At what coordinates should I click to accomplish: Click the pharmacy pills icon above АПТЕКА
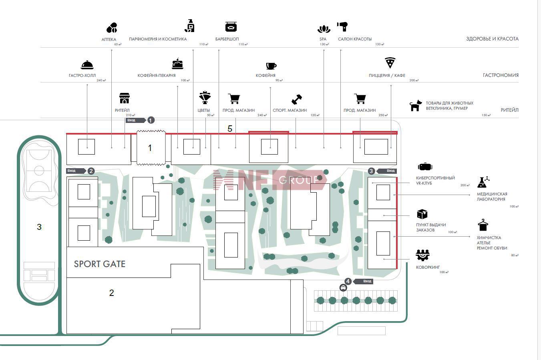[112, 28]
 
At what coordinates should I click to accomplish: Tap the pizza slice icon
[390, 63]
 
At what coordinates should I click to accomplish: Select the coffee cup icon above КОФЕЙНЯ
[271, 66]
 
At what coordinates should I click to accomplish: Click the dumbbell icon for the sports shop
[297, 99]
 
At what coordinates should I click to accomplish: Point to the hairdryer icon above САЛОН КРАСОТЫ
[342, 27]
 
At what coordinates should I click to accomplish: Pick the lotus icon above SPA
[323, 29]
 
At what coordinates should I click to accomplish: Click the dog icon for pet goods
[415, 106]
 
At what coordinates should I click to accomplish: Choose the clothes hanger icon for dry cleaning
[483, 225]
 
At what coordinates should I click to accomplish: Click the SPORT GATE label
[100, 264]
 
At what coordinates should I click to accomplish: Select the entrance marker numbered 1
[151, 120]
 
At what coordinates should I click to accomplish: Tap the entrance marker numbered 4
[348, 281]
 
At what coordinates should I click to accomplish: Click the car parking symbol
[343, 288]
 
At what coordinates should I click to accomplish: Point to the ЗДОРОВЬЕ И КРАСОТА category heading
[492, 39]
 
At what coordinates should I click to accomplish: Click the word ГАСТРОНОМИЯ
[501, 75]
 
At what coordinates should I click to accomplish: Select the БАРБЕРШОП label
[227, 39]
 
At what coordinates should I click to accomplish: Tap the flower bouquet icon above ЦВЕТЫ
[205, 97]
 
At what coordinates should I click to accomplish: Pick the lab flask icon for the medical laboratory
[483, 182]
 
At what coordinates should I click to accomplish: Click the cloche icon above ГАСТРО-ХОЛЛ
[87, 65]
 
